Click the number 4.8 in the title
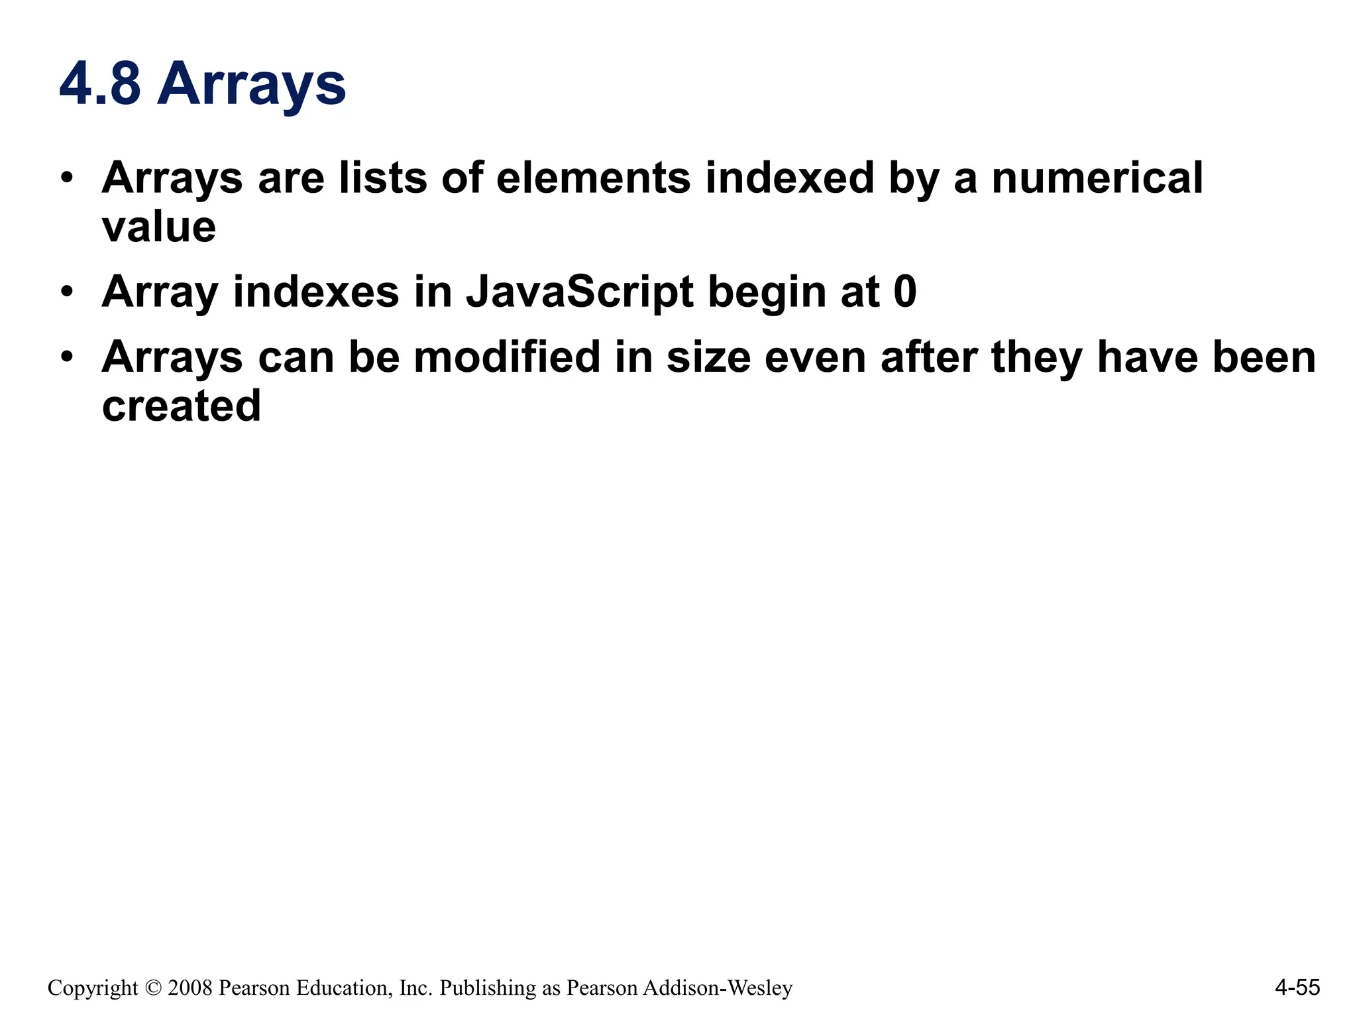click(x=100, y=84)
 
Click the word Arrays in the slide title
click(x=251, y=85)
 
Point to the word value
click(x=159, y=227)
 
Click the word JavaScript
click(x=579, y=292)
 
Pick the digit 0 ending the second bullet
click(x=904, y=292)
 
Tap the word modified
click(x=507, y=357)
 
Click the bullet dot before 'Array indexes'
click(x=66, y=292)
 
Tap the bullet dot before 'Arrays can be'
click(x=66, y=357)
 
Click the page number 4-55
click(x=1297, y=988)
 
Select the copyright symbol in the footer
click(x=152, y=988)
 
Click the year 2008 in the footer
click(x=190, y=988)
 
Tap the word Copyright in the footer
click(x=93, y=988)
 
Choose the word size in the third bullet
click(x=708, y=357)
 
